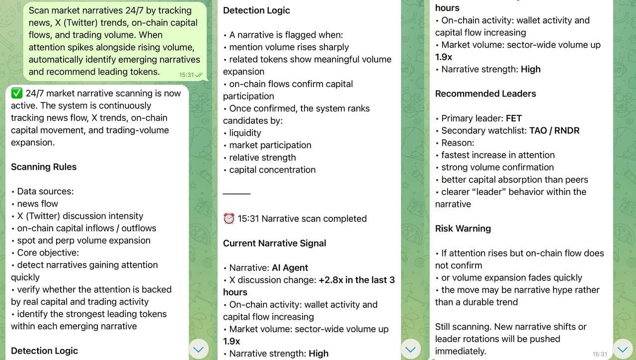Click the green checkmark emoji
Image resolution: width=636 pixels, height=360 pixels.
click(x=17, y=93)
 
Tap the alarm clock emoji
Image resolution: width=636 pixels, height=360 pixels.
click(x=229, y=219)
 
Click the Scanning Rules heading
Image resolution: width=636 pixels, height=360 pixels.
click(x=44, y=167)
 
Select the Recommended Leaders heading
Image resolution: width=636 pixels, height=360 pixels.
click(x=485, y=94)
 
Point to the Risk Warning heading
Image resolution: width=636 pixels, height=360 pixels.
click(x=463, y=229)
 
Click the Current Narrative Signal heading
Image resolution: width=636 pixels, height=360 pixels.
click(x=274, y=243)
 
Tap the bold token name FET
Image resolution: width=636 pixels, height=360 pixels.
click(x=514, y=118)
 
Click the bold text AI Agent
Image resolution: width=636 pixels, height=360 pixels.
click(x=290, y=268)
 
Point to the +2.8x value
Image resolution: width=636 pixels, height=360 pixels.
click(x=331, y=280)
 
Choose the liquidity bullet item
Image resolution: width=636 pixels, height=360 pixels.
click(x=245, y=133)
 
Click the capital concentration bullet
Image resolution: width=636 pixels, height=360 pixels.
click(x=272, y=170)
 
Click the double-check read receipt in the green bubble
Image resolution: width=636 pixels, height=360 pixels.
click(x=199, y=75)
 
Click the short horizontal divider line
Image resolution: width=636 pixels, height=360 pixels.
click(x=237, y=193)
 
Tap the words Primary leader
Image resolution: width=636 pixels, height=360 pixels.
click(x=472, y=118)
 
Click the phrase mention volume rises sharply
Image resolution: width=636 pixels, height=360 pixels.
click(x=289, y=47)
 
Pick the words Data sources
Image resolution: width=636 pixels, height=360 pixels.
click(x=44, y=191)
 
